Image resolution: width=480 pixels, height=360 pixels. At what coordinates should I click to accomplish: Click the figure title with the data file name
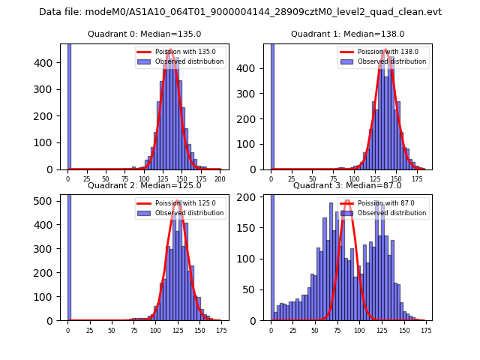(x=240, y=12)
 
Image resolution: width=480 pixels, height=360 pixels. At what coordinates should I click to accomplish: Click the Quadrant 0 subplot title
(x=144, y=34)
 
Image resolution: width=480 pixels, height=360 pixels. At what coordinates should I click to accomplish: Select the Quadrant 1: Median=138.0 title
(x=347, y=34)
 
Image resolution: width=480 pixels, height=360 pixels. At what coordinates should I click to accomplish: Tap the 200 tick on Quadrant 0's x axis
(x=220, y=180)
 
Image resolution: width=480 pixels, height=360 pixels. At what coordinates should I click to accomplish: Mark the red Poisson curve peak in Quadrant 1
(x=385, y=51)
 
